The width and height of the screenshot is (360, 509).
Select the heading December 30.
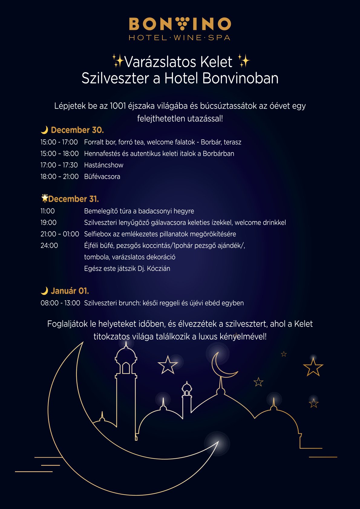pos(77,130)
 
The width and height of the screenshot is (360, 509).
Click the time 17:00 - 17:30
pos(59,165)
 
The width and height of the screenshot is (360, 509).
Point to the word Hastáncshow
pos(104,165)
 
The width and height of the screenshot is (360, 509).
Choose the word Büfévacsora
pos(102,177)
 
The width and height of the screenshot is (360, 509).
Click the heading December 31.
pos(73,199)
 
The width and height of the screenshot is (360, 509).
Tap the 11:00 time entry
pos(47,211)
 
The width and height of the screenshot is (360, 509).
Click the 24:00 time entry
pos(49,246)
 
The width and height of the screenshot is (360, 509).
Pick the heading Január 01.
pos(70,291)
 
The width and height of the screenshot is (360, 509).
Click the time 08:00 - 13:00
pos(60,303)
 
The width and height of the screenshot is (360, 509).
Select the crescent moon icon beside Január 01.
pos(44,291)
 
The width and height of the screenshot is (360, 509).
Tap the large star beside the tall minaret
pos(168,365)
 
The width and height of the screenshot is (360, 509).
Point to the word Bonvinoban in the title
pos(240,78)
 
